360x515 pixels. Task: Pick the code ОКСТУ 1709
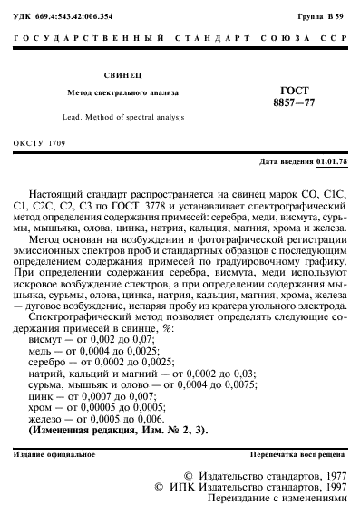41,144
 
